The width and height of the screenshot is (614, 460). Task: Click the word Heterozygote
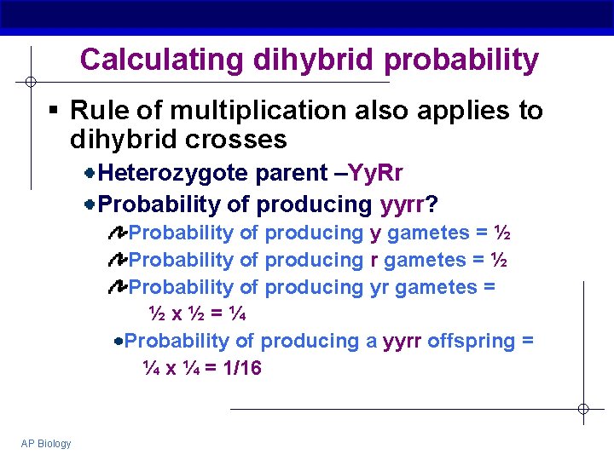pos(174,174)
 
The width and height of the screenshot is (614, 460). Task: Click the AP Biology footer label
pos(47,443)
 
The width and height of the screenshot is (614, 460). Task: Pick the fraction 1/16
pos(242,368)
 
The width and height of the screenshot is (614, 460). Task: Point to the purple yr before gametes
pos(379,287)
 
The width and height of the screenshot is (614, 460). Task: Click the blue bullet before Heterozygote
pos(90,174)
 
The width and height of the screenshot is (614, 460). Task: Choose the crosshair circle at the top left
pos(30,82)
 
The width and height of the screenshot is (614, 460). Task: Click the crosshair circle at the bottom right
pos(582,409)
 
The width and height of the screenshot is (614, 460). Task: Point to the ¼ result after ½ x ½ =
pos(238,313)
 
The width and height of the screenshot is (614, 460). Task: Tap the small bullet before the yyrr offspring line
pos(118,342)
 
